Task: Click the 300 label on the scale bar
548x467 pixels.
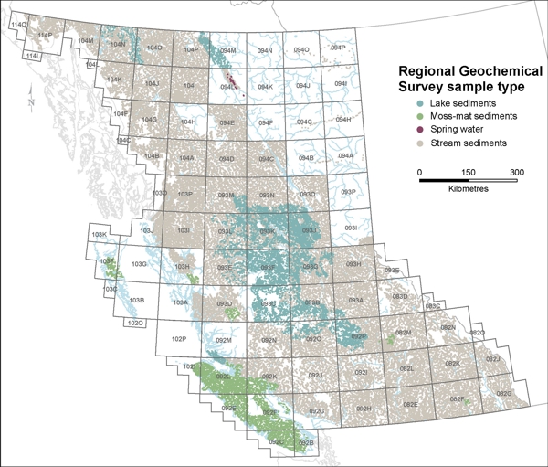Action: (517, 172)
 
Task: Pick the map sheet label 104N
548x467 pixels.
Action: (117, 44)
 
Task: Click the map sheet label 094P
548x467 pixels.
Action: (338, 48)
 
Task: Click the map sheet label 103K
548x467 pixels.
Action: (100, 236)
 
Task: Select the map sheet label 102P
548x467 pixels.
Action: (179, 338)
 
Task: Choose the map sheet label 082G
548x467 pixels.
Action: (504, 393)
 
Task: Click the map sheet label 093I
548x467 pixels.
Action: (347, 228)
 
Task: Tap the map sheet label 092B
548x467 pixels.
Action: (307, 443)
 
